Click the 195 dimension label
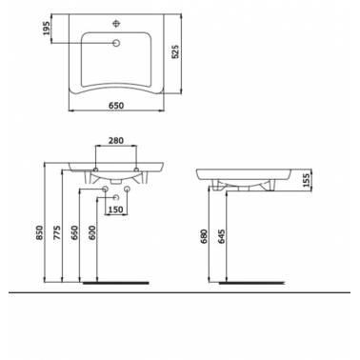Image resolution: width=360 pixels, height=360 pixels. (x=47, y=28)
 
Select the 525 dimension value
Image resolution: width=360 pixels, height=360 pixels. (x=175, y=51)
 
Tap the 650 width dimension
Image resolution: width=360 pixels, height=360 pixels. (x=116, y=105)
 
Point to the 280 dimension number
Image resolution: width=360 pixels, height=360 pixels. (x=116, y=140)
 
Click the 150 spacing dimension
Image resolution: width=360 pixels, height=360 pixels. (x=116, y=210)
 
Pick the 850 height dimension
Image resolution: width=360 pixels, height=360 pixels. (x=39, y=232)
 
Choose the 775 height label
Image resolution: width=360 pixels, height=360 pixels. (x=57, y=232)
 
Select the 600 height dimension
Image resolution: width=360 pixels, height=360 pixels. (x=92, y=232)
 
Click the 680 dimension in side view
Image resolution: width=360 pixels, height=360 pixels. (x=204, y=236)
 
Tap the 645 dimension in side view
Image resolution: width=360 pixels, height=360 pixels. (x=222, y=236)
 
